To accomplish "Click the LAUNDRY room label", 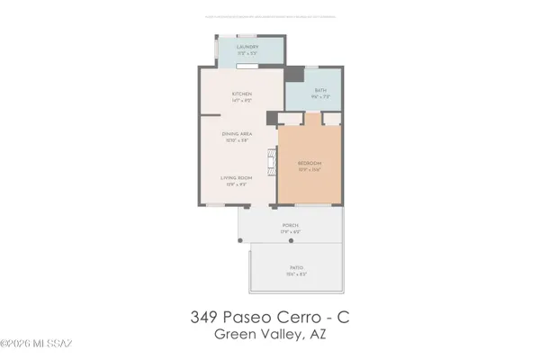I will click(x=247, y=46).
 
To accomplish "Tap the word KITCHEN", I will click(x=241, y=94).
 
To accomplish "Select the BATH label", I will click(x=319, y=90).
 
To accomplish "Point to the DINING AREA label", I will click(x=236, y=133).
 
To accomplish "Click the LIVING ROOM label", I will click(x=237, y=177).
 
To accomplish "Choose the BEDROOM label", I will click(x=310, y=162).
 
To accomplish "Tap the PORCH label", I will click(x=290, y=225).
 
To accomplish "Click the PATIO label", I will click(x=296, y=267).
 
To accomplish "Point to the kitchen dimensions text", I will click(x=241, y=100).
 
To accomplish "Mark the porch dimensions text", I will click(x=290, y=231).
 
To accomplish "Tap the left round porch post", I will click(x=239, y=241).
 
